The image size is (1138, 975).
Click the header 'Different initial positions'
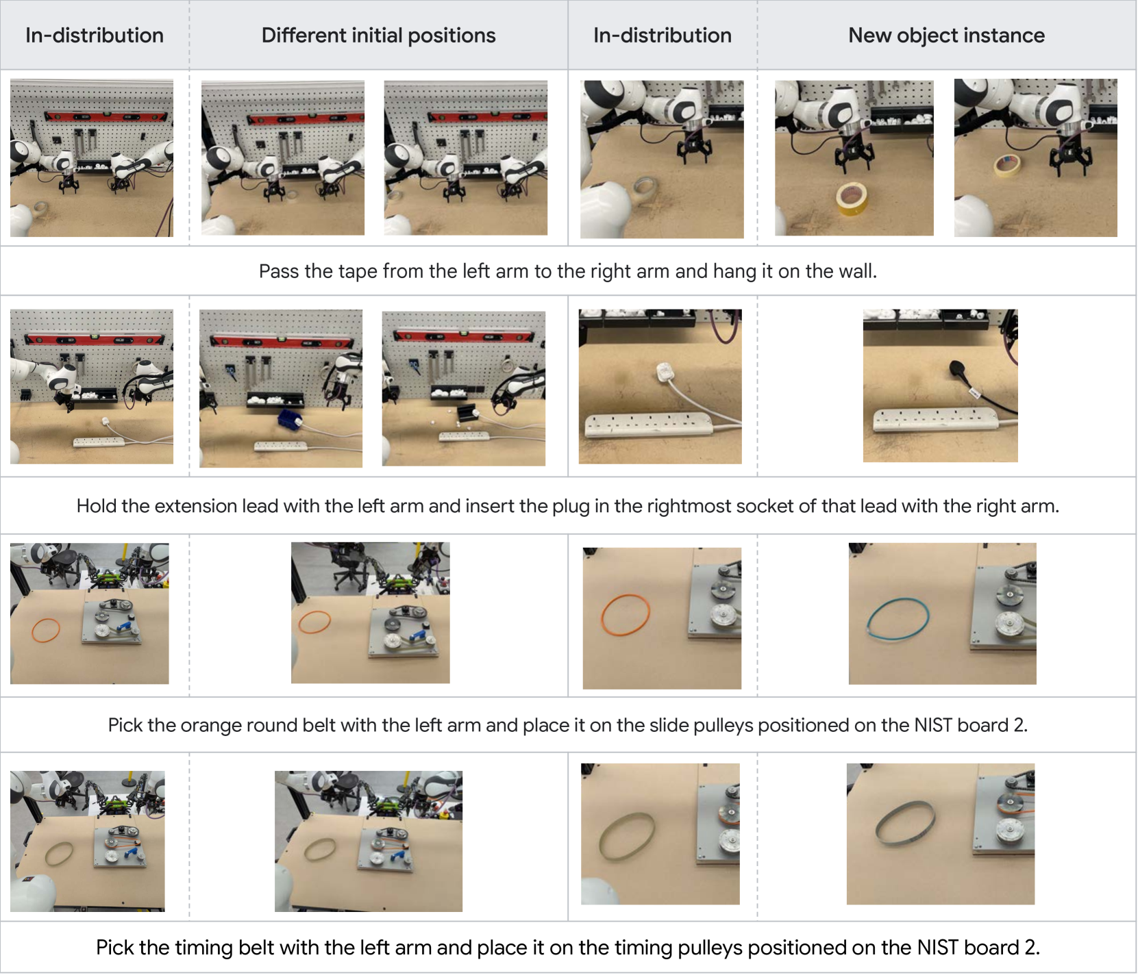[378, 35]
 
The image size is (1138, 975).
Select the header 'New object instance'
[946, 35]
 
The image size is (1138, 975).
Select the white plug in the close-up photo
[663, 372]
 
